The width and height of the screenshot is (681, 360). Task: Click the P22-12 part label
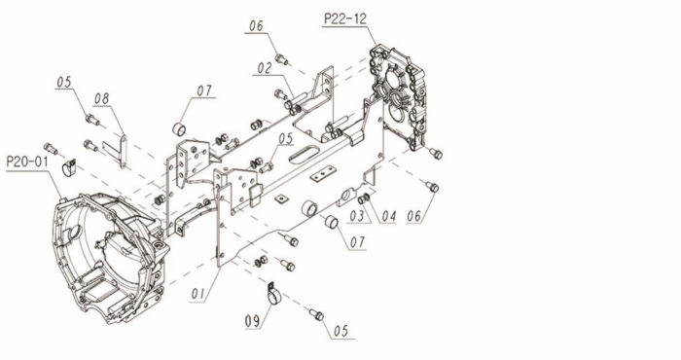pos(345,19)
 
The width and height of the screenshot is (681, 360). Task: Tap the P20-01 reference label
pos(27,162)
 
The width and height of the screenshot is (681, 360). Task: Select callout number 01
pos(198,294)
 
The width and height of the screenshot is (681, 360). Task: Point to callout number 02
pos(264,68)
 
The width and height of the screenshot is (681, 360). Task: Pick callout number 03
pos(357,215)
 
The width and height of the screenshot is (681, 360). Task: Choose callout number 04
pos(388,215)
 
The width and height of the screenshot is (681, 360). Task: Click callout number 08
pos(102,98)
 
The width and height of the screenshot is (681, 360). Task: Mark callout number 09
pos(252,321)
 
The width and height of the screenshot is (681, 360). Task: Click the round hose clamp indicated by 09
pos(273,294)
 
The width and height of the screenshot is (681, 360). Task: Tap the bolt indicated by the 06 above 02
pos(282,58)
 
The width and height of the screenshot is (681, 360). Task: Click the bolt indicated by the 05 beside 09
pos(316,314)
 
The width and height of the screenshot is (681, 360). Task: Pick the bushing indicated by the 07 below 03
pos(332,222)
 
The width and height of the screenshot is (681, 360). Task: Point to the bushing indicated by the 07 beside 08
pos(179,129)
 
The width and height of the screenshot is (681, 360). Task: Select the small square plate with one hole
pos(282,198)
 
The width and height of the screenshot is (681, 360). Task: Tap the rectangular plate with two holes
pos(323,173)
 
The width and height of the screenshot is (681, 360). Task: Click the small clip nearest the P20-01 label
pos(69,167)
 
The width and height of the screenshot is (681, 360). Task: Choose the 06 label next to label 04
pos(414,216)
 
